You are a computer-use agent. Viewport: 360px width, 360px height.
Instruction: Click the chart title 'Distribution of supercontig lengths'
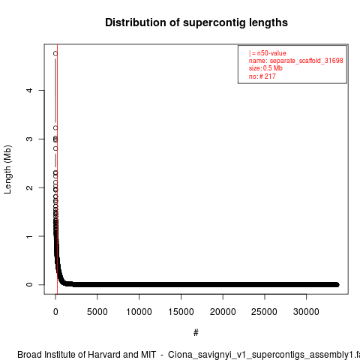(196, 22)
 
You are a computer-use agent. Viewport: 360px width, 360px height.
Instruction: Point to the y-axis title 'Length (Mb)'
(7, 169)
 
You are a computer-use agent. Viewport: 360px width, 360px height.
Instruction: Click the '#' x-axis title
(196, 333)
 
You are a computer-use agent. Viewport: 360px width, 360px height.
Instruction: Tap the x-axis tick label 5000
(97, 312)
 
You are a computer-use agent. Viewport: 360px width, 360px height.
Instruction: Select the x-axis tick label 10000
(139, 312)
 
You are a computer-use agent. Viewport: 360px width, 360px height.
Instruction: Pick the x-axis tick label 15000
(181, 312)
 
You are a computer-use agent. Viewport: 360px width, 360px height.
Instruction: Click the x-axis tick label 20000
(223, 312)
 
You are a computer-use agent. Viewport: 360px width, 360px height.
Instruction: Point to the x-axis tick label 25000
(265, 312)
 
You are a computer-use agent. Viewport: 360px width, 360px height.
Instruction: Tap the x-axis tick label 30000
(306, 312)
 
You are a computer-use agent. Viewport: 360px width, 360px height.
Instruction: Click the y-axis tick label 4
(29, 90)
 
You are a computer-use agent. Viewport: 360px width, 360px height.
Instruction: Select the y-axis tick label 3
(29, 139)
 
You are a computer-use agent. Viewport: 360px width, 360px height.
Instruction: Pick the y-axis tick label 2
(29, 187)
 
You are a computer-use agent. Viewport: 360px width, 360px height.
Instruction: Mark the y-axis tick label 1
(29, 236)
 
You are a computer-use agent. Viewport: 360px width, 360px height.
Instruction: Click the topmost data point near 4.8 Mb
(55, 53)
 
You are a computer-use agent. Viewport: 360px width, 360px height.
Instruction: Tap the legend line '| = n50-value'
(268, 53)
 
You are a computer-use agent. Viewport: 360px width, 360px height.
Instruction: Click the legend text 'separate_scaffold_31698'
(306, 61)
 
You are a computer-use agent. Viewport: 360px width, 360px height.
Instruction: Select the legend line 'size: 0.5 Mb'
(265, 68)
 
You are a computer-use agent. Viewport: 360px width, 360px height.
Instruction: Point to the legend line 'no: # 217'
(262, 76)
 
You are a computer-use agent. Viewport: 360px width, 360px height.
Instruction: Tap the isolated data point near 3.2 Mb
(55, 128)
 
